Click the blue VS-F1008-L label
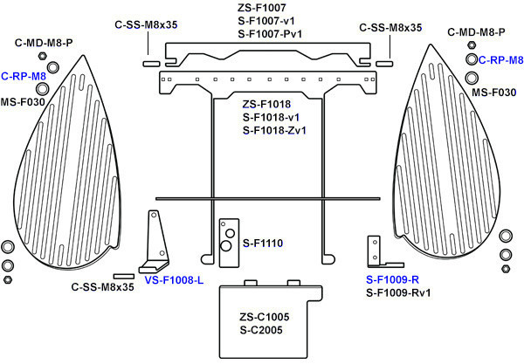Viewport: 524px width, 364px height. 174,280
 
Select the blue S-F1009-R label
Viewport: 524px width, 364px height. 392,279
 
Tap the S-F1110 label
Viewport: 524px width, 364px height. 263,244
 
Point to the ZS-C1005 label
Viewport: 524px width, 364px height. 264,317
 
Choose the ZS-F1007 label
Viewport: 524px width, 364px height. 262,8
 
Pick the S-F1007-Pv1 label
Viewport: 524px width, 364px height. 270,34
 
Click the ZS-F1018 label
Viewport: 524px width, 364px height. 266,104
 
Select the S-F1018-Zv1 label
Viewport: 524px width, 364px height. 274,130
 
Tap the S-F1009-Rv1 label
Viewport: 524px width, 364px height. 398,292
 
